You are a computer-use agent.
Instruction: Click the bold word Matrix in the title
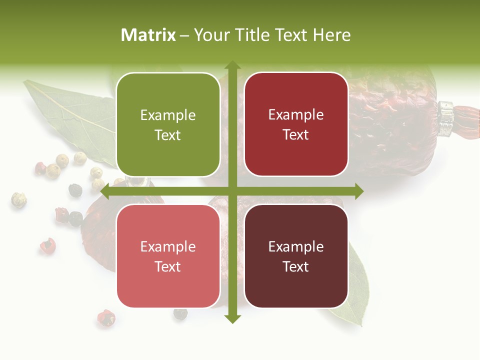pos(148,35)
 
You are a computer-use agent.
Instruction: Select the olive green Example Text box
pos(168,124)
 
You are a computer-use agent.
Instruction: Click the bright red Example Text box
pos(296,124)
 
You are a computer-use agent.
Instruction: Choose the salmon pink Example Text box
pos(168,256)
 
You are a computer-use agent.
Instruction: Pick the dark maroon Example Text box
pos(296,256)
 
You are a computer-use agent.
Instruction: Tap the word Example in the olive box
pos(168,115)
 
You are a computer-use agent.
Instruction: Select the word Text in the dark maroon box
pos(296,266)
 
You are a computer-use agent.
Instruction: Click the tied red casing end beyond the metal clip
pos(468,121)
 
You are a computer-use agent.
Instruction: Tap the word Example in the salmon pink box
pos(168,247)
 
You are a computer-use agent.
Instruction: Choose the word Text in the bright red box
pos(296,134)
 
